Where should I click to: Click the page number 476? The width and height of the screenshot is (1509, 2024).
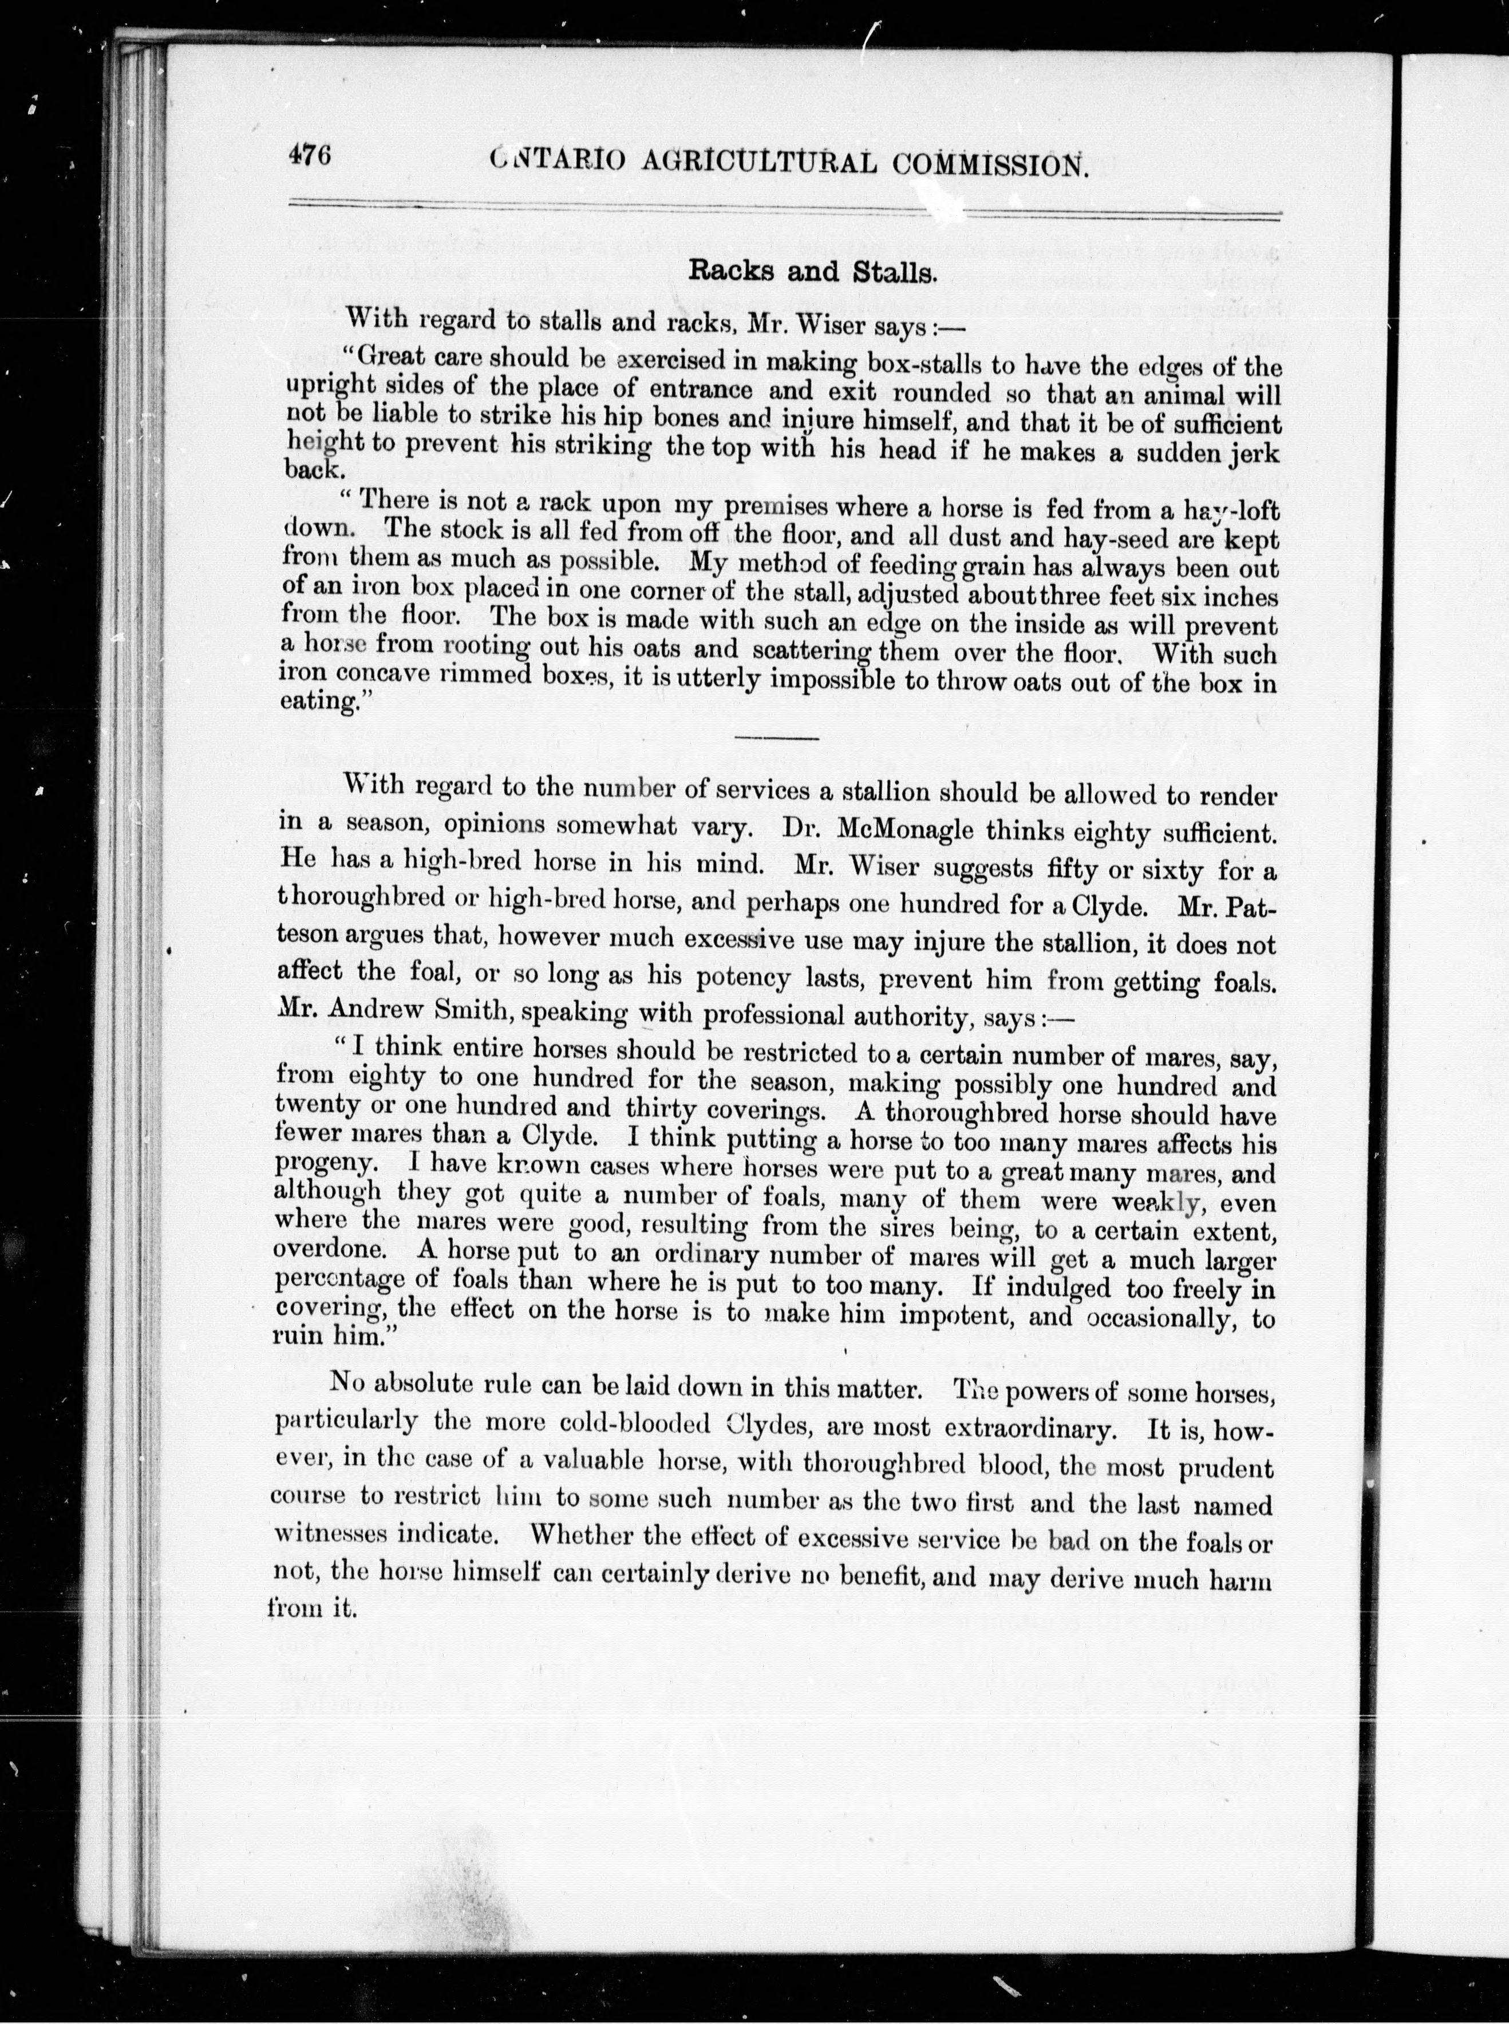pyautogui.click(x=309, y=156)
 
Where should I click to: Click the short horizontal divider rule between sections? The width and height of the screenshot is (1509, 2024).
pyautogui.click(x=777, y=736)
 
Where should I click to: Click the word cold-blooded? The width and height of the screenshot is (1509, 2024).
pyautogui.click(x=639, y=1424)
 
